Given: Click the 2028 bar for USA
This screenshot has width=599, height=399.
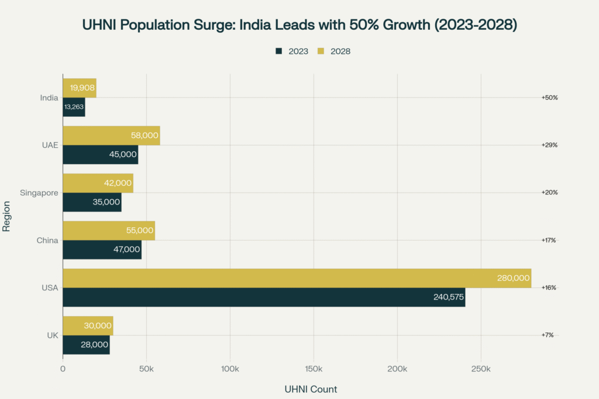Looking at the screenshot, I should (x=297, y=278).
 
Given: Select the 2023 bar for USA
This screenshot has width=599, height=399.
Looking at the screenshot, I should (x=263, y=297).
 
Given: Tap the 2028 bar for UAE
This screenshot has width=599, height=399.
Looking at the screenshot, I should (x=111, y=136).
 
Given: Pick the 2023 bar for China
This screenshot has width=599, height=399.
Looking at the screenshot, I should (x=102, y=249).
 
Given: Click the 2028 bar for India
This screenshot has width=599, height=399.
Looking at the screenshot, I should (x=80, y=88).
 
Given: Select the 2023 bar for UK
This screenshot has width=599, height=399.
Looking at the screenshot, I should (x=86, y=345).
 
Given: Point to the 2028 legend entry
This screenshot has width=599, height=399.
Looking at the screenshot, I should (x=334, y=51).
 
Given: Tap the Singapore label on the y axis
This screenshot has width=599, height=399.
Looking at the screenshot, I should (x=39, y=193).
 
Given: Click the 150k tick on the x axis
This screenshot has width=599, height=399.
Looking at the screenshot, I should (x=314, y=369).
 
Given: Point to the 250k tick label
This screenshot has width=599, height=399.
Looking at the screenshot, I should (x=481, y=369).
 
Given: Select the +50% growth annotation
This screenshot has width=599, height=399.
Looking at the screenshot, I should (x=549, y=98).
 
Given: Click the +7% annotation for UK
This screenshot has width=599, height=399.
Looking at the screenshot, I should (x=548, y=335).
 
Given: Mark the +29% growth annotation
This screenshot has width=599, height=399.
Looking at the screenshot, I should (x=549, y=145).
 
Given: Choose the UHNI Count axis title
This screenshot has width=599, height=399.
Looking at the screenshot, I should (x=311, y=389).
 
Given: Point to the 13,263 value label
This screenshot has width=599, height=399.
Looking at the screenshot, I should (x=73, y=107).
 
